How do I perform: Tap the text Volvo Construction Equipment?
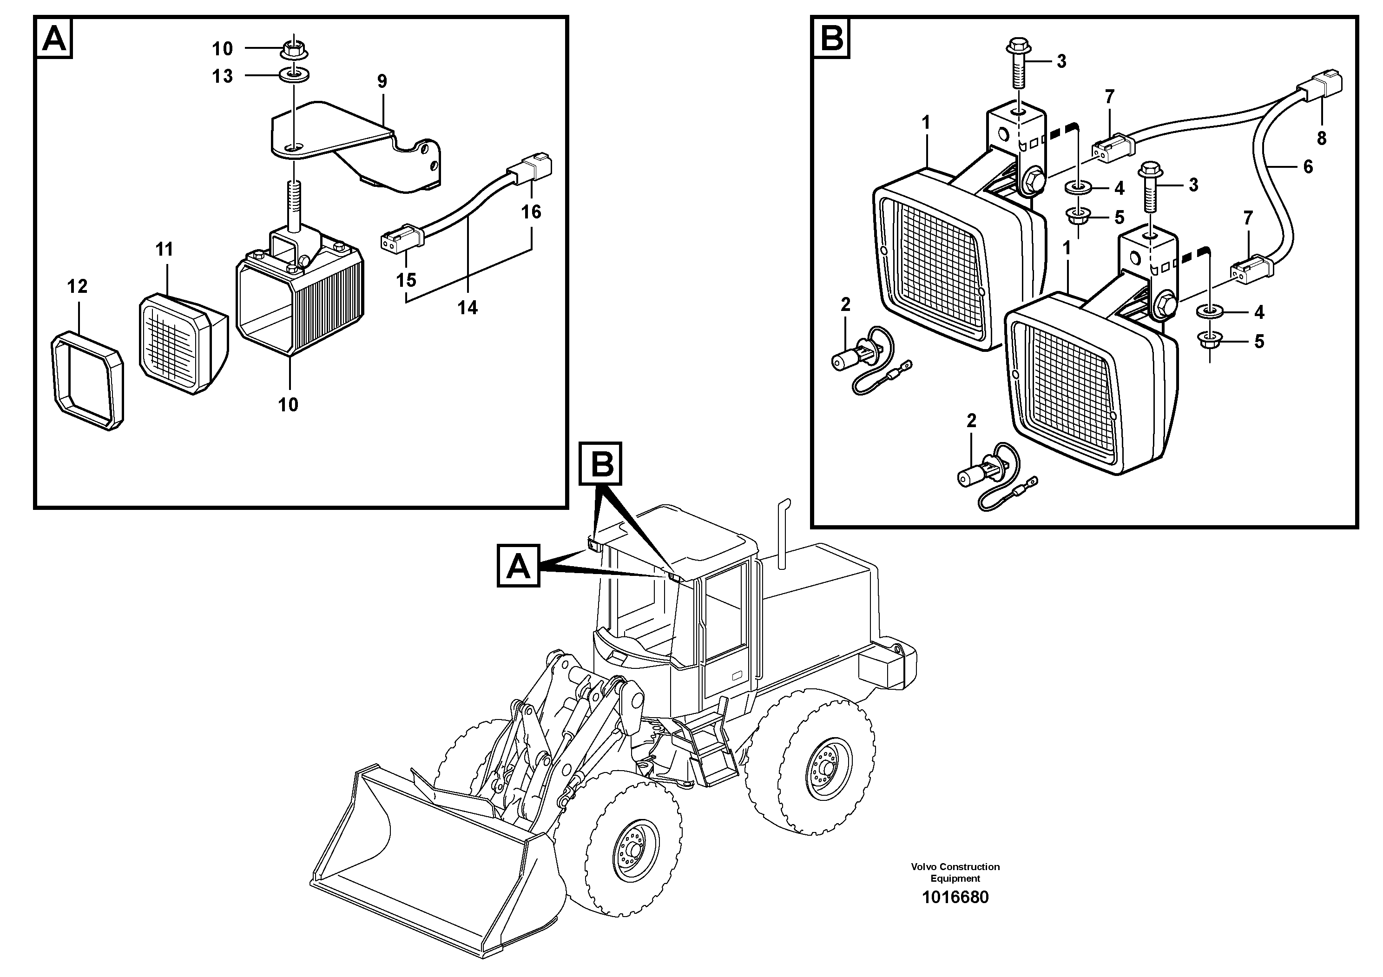955,871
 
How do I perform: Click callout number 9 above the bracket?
382,81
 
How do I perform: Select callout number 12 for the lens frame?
77,286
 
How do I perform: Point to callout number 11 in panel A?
164,249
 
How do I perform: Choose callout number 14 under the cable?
467,308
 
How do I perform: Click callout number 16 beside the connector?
531,211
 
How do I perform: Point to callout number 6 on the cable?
1308,166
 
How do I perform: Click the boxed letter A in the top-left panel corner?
54,39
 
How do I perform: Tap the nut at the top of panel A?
293,48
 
